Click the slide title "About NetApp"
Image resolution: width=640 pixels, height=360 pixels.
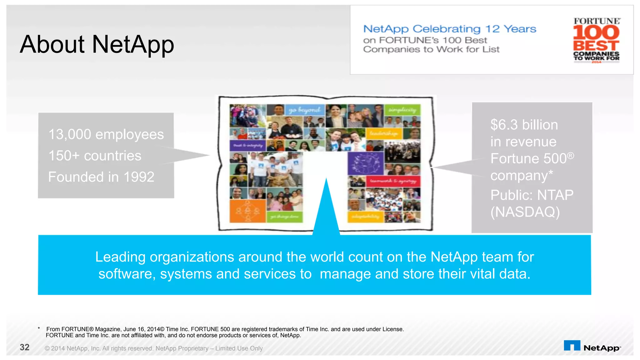click(97, 44)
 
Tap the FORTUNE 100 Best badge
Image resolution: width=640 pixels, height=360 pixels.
click(596, 40)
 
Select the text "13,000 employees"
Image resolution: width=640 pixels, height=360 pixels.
click(106, 134)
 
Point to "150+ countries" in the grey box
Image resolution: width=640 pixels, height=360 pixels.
click(95, 156)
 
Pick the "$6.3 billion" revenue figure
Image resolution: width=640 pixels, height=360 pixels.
click(524, 125)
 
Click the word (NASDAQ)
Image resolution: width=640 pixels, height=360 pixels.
click(525, 212)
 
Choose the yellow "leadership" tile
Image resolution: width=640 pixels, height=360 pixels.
click(384, 134)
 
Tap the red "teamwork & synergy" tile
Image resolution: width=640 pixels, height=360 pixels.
click(393, 181)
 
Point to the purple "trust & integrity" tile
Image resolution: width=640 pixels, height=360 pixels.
click(248, 145)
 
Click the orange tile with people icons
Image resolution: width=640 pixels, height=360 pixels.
click(247, 211)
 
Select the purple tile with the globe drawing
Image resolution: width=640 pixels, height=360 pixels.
click(366, 163)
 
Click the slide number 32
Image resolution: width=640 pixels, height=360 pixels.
click(25, 347)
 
